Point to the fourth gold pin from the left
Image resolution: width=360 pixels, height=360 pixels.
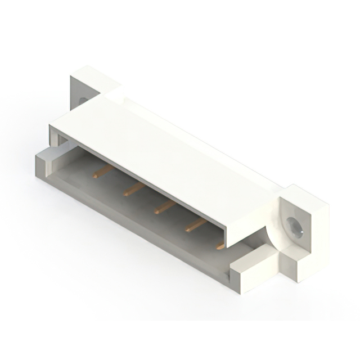coord(195,226)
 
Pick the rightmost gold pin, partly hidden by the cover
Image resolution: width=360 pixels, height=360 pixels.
coord(220,246)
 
